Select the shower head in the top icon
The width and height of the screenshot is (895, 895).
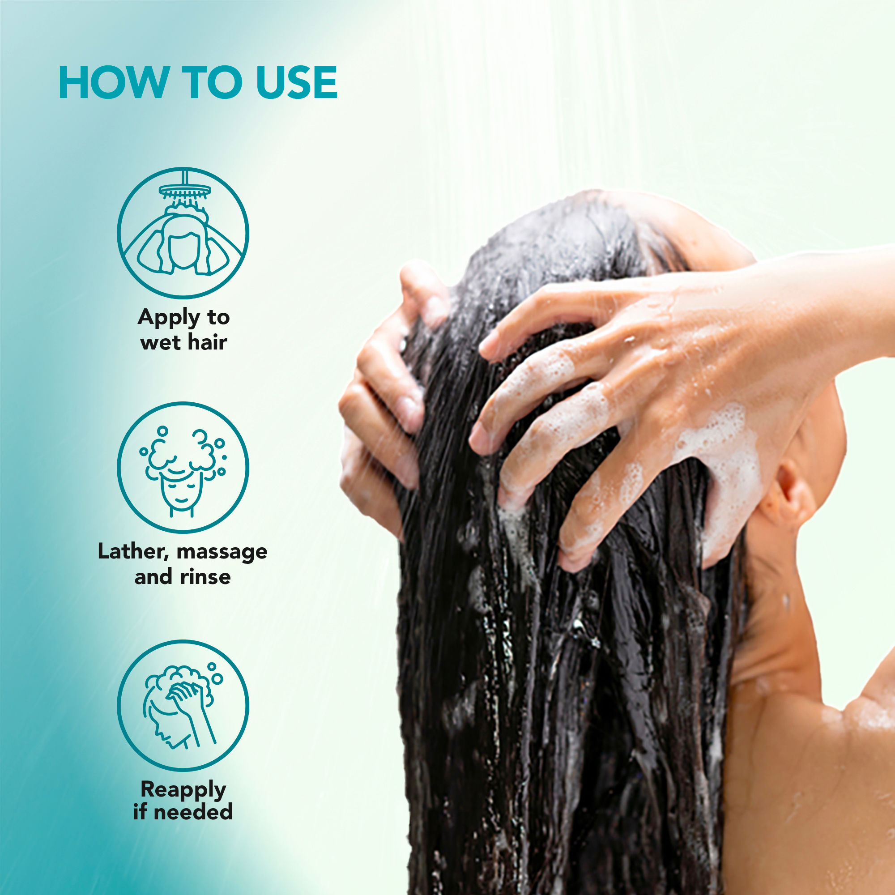pos(185,190)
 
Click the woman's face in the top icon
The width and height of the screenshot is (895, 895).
pos(184,251)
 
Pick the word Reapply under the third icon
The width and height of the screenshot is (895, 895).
pos(183,790)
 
